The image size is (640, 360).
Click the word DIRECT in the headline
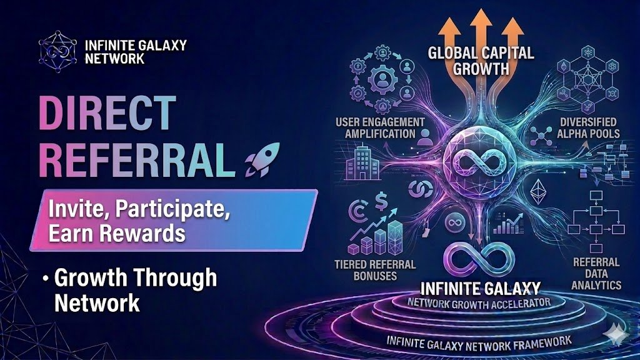point(107,114)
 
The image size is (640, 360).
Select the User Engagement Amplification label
point(379,127)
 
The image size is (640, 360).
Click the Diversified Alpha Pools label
point(585,127)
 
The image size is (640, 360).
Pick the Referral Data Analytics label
point(597,272)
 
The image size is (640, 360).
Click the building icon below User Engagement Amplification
point(362,164)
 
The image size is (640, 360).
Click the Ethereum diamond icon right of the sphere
point(537,192)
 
